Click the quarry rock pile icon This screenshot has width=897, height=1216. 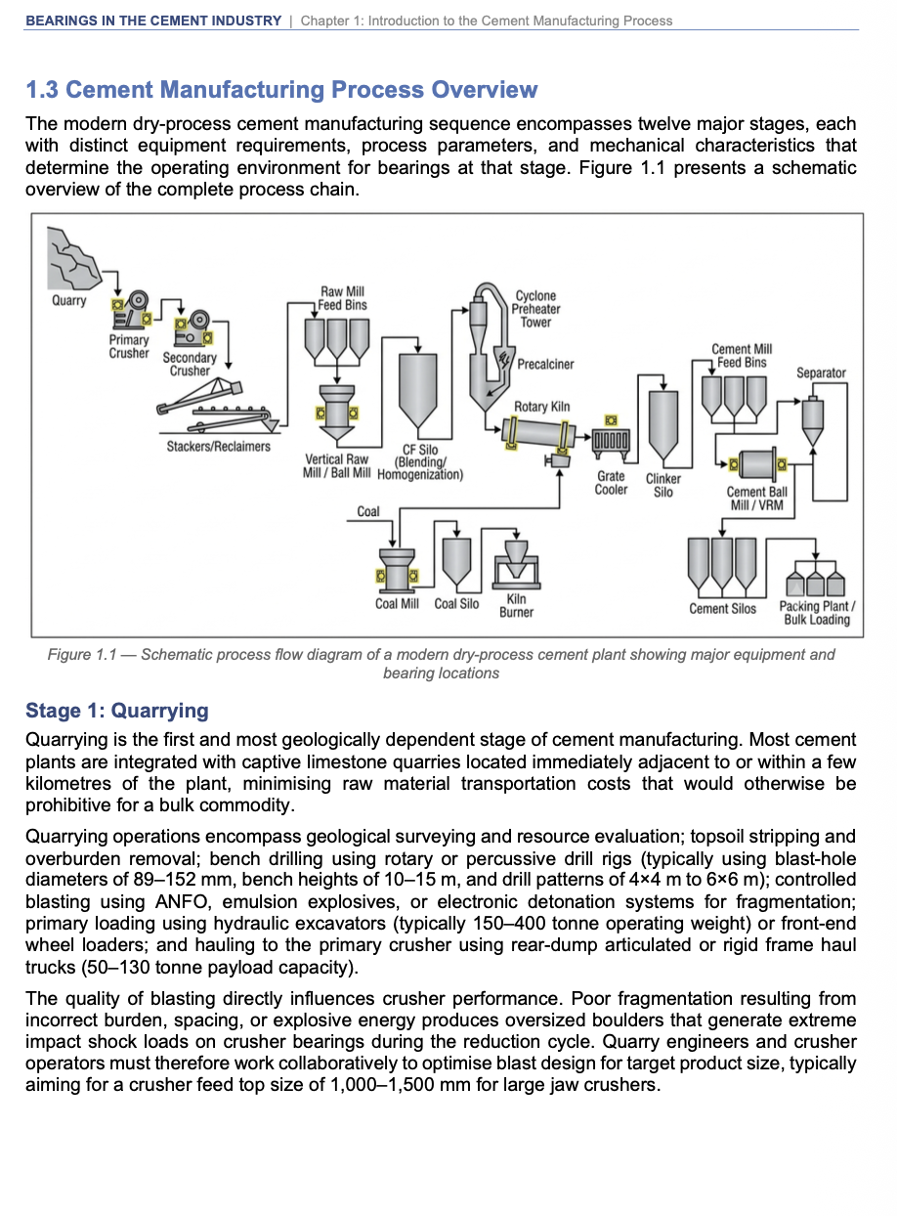73,258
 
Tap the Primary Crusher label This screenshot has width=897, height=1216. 129,346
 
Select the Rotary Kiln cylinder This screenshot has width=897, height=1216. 538,434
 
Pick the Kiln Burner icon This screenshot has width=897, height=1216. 517,564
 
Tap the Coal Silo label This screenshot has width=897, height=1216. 456,604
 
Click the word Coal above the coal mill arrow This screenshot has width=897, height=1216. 368,511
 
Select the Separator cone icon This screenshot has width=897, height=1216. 813,420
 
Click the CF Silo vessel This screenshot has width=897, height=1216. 418,390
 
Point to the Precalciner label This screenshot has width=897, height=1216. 545,365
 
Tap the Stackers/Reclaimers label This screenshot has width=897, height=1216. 218,447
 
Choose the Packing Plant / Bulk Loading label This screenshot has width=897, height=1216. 817,613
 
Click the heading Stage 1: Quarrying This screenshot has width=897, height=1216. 117,711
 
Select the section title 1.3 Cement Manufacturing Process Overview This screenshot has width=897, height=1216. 281,90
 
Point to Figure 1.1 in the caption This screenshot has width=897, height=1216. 82,655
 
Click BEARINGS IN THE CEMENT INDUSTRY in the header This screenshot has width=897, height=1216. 153,21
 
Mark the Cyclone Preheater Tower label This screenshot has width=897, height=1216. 535,309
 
